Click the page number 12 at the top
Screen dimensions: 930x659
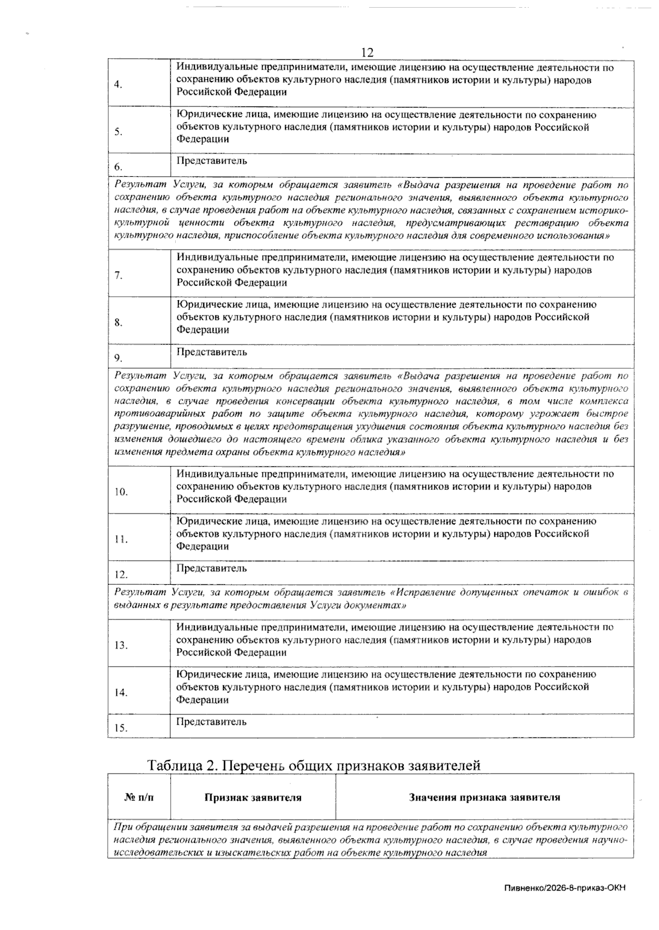click(x=367, y=53)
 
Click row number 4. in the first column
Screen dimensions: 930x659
click(x=118, y=84)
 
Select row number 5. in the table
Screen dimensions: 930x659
click(x=118, y=132)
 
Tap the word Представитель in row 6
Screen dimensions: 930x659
click(x=211, y=161)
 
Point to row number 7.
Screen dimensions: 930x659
click(x=118, y=275)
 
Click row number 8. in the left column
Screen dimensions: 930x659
click(x=118, y=323)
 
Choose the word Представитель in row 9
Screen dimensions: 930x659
click(x=211, y=352)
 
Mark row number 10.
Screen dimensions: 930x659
click(x=121, y=492)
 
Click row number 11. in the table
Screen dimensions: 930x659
click(x=121, y=539)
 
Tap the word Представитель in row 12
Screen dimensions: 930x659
click(x=211, y=568)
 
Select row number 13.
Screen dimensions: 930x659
click(x=121, y=645)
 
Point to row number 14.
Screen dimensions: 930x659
click(x=121, y=692)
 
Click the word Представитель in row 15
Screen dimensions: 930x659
click(x=211, y=722)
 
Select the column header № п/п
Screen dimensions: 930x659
click(x=139, y=797)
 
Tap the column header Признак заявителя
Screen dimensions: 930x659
click(x=253, y=797)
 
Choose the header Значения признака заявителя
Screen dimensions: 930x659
click(x=484, y=797)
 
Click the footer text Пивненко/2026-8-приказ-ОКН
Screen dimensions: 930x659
click(x=564, y=888)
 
